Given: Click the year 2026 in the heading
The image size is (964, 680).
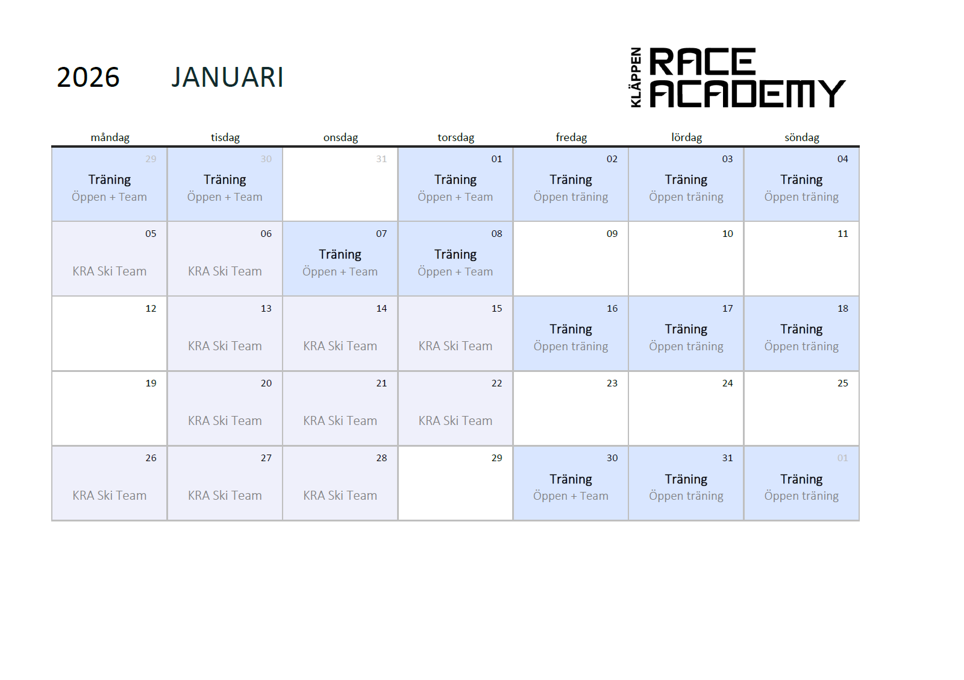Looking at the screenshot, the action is pos(88,78).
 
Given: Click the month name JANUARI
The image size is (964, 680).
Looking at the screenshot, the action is pos(228,78).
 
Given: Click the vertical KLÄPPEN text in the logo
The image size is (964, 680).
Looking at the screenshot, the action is pos(636,78).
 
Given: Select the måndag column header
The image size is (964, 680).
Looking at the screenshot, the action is pos(110,137).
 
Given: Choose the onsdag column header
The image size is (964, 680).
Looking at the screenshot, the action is pos(340,137).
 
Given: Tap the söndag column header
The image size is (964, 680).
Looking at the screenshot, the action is pos(802,137).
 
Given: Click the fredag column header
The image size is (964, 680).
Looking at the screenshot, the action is pos(571,137).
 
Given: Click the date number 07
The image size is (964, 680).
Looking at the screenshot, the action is pos(381,234).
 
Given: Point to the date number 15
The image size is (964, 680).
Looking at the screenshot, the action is pos(496,308).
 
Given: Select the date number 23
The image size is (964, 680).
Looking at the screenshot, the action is pos(612,383).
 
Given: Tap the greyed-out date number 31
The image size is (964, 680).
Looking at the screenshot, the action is pos(381,159).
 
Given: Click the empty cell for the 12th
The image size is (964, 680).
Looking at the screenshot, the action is pos(109,333).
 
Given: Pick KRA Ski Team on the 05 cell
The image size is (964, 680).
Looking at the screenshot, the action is pos(109,271).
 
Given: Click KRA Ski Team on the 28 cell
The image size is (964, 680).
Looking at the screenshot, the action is pos(340,496).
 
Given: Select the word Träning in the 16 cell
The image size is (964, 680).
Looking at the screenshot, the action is pos(571,329).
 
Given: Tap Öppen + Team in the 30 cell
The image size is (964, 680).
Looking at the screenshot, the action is pos(571,496).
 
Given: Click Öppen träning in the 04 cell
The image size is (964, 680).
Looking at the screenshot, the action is pos(801,197).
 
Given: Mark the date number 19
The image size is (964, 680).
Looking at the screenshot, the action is pos(151,383).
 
